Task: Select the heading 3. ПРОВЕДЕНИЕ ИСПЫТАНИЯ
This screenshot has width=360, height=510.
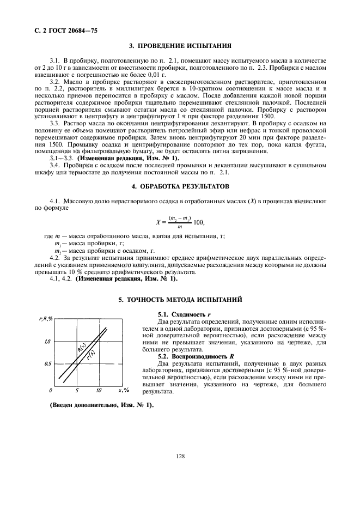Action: pyautogui.click(x=180, y=46)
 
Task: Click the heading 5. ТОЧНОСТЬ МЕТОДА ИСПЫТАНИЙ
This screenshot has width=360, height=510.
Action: pyautogui.click(x=180, y=300)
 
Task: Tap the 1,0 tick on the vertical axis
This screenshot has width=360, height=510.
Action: pyautogui.click(x=47, y=342)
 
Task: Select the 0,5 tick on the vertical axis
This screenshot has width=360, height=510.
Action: pyautogui.click(x=47, y=363)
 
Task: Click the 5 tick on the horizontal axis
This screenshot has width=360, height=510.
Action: pyautogui.click(x=77, y=391)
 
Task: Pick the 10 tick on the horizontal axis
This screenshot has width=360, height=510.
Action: pyautogui.click(x=98, y=391)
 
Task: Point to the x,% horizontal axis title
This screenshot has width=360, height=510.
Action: pyautogui.click(x=123, y=391)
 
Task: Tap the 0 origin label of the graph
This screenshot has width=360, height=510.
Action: pyautogui.click(x=51, y=391)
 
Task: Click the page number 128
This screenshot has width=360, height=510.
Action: pyautogui.click(x=180, y=456)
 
